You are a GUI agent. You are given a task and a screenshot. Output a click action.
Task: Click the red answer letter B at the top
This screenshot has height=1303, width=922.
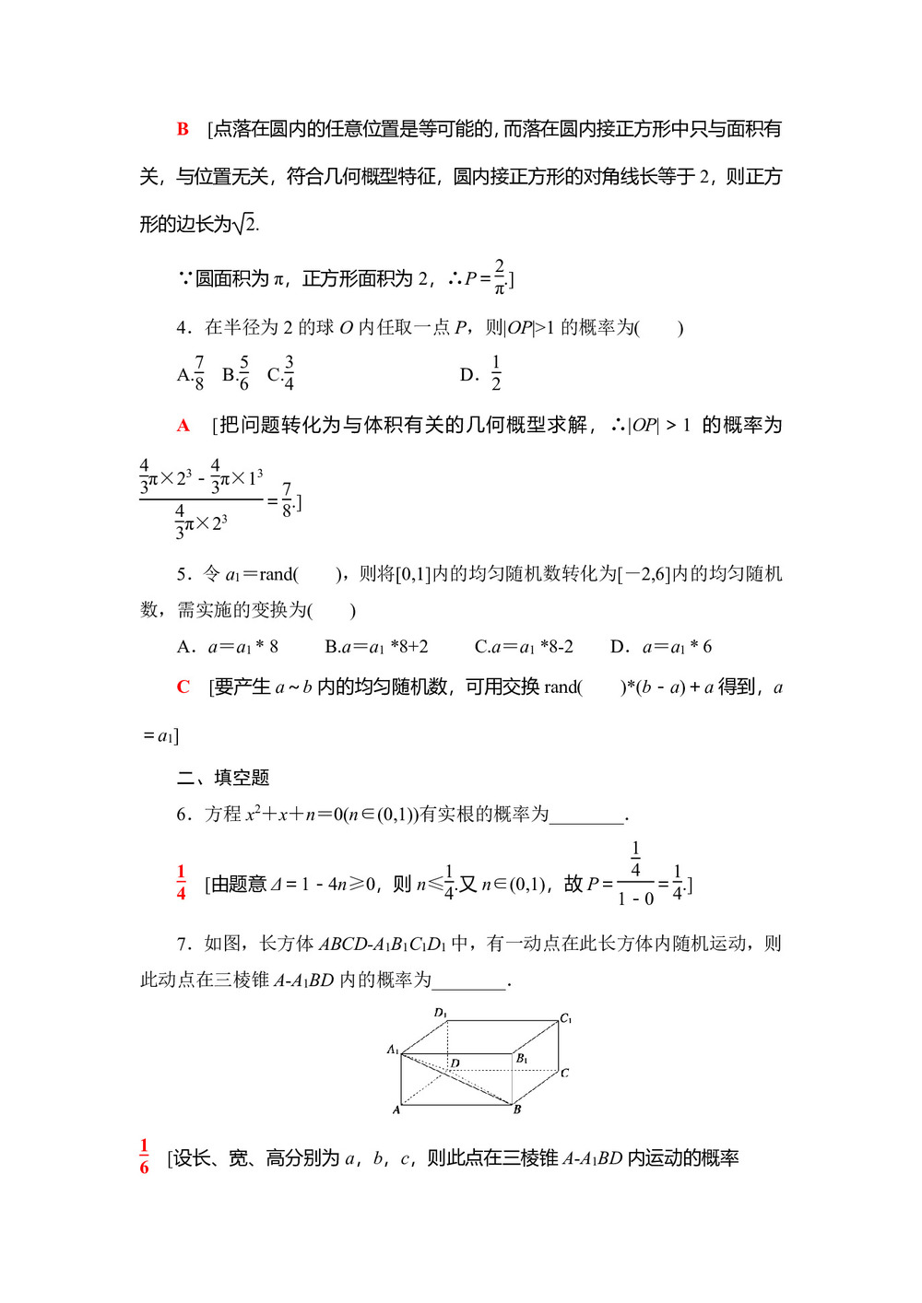tap(183, 130)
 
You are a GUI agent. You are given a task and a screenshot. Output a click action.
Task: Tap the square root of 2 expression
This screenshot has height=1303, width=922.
tap(245, 224)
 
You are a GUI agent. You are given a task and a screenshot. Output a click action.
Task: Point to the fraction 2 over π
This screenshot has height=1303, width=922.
tap(499, 277)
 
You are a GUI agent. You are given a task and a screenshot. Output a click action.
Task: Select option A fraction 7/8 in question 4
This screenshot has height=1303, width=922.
tap(199, 373)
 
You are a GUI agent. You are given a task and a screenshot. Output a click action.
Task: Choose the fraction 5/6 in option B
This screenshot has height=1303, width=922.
tap(243, 373)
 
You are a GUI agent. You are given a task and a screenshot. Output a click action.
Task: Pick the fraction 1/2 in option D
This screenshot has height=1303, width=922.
tap(496, 374)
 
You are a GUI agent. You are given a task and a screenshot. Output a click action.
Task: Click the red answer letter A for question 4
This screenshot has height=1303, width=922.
tap(183, 426)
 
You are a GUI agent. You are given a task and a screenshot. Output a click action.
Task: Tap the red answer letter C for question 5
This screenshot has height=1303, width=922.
tap(183, 687)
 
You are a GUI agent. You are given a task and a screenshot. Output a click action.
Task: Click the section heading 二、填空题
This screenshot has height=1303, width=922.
tap(223, 778)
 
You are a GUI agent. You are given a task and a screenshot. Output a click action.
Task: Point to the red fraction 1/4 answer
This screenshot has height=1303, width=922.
tap(181, 883)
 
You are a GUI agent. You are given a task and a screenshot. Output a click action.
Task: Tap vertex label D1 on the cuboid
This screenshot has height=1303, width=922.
tap(441, 1013)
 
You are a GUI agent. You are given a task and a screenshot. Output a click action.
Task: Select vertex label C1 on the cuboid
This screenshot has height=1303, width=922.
tap(566, 1018)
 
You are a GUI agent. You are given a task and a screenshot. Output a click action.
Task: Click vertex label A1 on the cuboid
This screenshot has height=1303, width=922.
tap(393, 1050)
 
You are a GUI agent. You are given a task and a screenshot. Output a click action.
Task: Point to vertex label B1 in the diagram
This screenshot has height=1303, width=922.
tap(522, 1059)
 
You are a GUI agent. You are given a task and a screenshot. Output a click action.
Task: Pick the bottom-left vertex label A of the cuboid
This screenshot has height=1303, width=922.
tap(396, 1109)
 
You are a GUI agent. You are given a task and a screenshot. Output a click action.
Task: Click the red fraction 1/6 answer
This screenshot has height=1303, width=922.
tap(144, 1156)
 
